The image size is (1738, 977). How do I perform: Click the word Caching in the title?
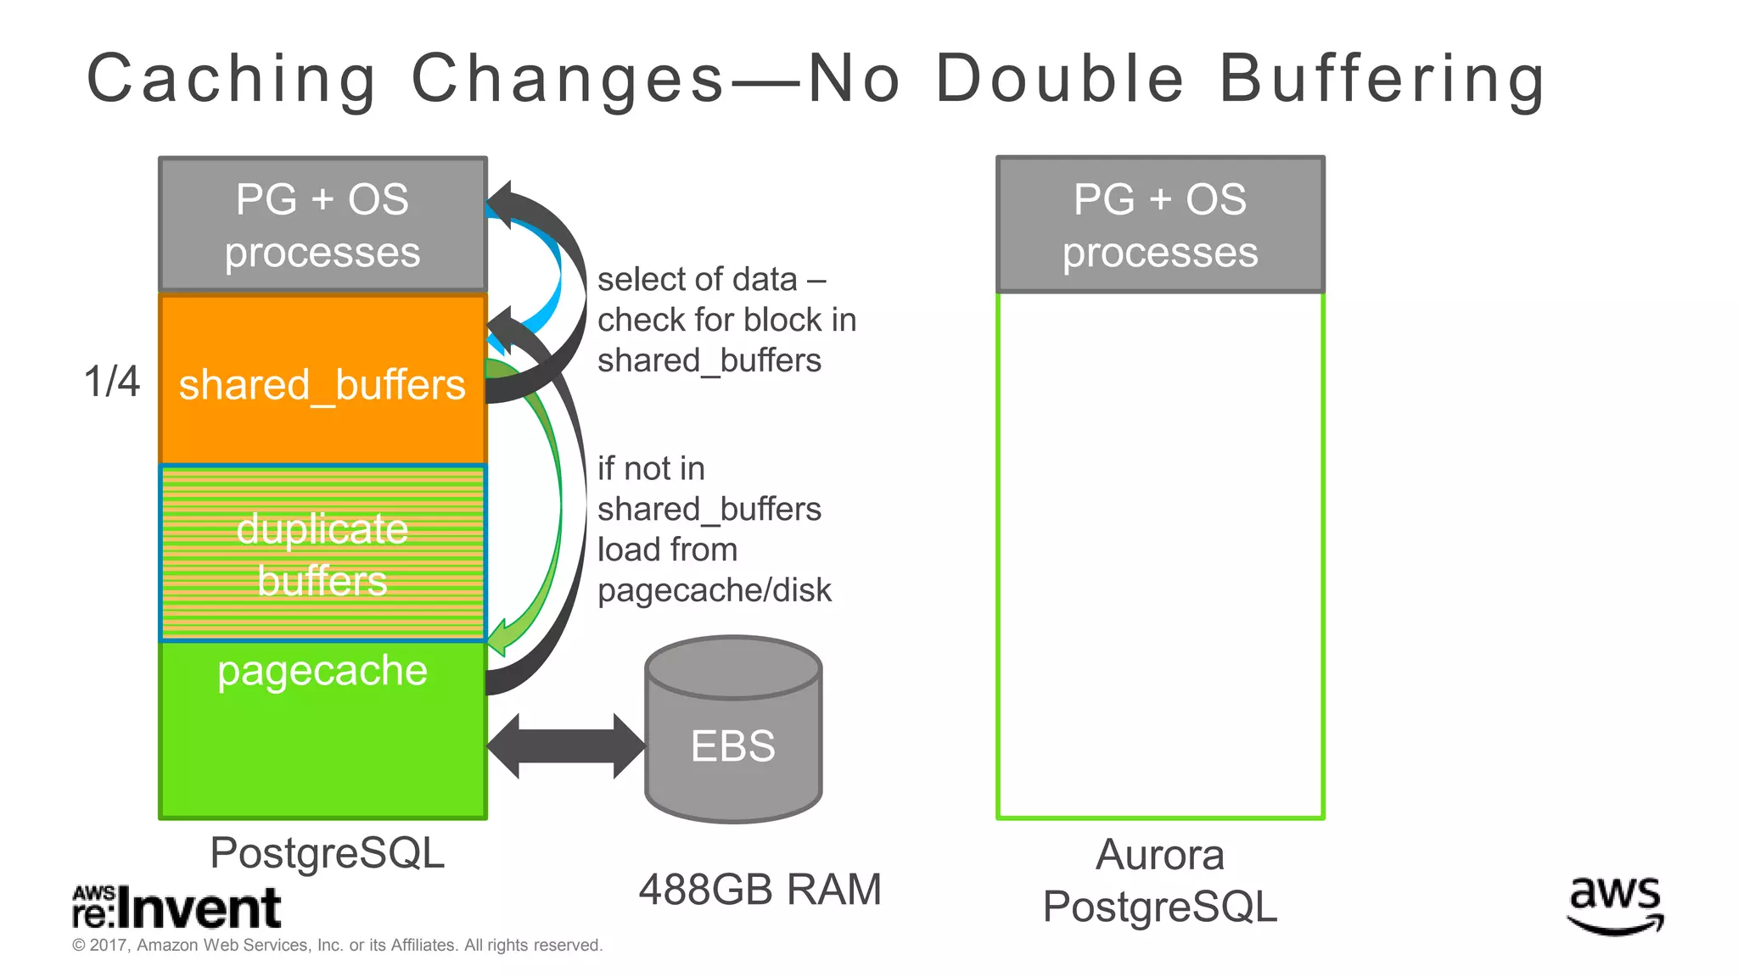[x=231, y=79]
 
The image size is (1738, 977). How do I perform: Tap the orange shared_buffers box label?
[x=322, y=385]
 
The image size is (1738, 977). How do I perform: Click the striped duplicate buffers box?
[x=322, y=553]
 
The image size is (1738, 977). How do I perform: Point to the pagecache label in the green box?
[x=322, y=671]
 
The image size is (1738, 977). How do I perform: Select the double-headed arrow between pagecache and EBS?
[x=566, y=745]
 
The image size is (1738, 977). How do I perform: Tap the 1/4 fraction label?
[x=111, y=382]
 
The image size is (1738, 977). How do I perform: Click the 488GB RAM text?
[x=760, y=890]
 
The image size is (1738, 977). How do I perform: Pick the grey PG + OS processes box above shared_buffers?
[x=322, y=225]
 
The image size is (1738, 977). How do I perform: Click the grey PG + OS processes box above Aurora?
[x=1160, y=225]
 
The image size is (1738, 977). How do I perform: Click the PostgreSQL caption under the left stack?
[x=327, y=852]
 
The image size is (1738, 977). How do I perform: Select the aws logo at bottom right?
[x=1615, y=905]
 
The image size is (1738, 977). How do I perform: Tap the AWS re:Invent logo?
[x=177, y=907]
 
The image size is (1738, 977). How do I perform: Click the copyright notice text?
[x=337, y=945]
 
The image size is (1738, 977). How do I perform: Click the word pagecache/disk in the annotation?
[x=715, y=590]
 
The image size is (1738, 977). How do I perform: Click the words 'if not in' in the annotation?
[x=651, y=468]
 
